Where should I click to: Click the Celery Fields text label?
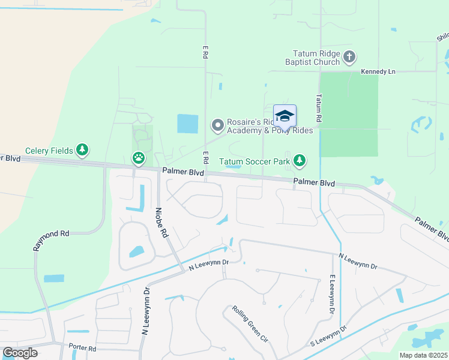tap(49, 151)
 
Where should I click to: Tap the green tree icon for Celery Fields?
tap(82, 150)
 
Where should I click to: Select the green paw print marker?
tap(139, 158)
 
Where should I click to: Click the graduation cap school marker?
tap(285, 115)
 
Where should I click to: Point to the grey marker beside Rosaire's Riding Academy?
tap(217, 126)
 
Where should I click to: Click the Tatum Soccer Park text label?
tap(255, 161)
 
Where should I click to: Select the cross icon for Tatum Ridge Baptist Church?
tap(349, 58)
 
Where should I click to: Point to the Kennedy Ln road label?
tap(378, 72)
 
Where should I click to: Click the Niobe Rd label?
tap(160, 223)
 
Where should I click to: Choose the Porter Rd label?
tap(82, 348)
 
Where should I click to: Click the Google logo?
tap(20, 352)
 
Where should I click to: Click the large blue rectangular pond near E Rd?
tap(187, 124)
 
